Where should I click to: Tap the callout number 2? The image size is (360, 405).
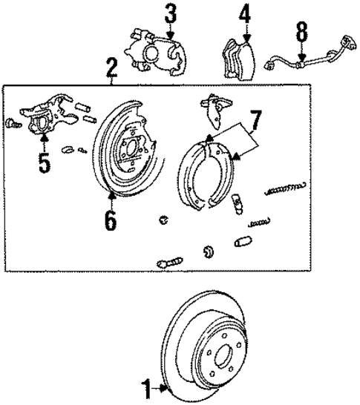[111, 70]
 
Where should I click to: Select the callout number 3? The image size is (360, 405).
[171, 13]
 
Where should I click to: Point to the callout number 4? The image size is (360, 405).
[245, 14]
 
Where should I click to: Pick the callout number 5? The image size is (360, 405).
[45, 161]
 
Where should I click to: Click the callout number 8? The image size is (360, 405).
[301, 33]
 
